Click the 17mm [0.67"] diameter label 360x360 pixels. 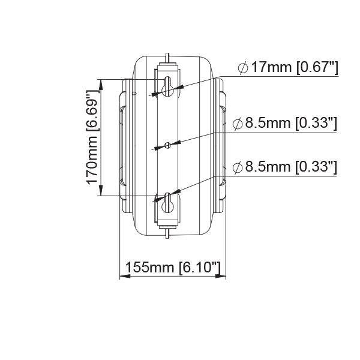(x=295, y=67)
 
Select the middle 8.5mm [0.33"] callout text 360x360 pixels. (x=291, y=123)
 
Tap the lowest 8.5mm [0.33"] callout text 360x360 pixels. (x=291, y=167)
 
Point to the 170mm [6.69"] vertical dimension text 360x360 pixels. (x=92, y=138)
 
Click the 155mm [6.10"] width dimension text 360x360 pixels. (x=173, y=267)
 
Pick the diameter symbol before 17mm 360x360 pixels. (x=243, y=68)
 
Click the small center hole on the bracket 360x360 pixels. (x=168, y=145)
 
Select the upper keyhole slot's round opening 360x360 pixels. (x=168, y=91)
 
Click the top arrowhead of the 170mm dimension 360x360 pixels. (x=101, y=85)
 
